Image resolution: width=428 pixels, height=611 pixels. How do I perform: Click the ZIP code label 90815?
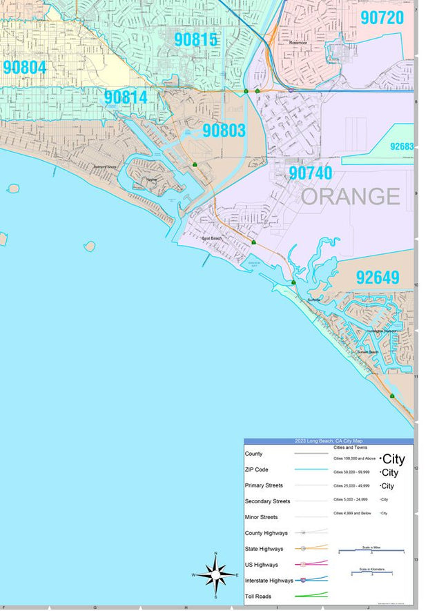[195, 39]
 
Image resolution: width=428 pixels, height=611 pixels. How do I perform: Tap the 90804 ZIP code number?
[24, 67]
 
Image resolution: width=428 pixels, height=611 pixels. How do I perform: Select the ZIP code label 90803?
[224, 130]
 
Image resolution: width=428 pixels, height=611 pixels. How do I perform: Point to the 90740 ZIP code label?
[310, 173]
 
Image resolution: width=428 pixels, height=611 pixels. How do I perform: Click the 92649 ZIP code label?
[378, 278]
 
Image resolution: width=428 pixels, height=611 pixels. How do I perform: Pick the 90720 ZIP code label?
[382, 18]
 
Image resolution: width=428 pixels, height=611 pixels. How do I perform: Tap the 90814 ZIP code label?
[126, 97]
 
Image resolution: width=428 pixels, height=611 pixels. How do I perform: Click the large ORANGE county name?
[350, 197]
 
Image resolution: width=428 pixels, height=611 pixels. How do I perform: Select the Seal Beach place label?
[211, 239]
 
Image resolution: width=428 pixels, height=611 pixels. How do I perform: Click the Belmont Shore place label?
[104, 167]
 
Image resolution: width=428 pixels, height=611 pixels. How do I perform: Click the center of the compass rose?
[216, 574]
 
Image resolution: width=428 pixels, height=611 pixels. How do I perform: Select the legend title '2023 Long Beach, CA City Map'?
[329, 441]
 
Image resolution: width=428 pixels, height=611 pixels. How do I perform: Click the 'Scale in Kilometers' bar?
[371, 572]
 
